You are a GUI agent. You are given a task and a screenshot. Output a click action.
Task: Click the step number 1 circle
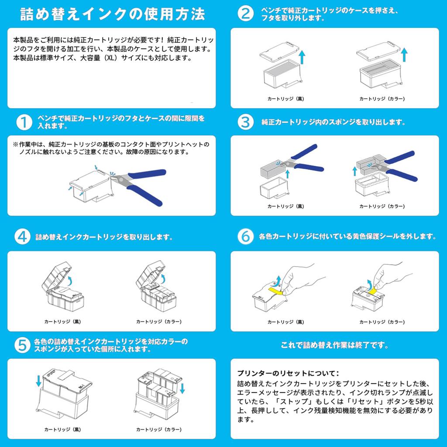coord(24,122)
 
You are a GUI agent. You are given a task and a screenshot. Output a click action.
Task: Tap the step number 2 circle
coord(245,14)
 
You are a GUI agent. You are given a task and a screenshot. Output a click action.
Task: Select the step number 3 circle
coord(245,122)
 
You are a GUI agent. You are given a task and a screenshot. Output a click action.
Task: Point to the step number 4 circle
coord(22,237)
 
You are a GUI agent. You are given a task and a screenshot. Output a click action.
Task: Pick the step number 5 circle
coord(22,345)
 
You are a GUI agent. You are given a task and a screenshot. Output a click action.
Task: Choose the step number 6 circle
coord(245,237)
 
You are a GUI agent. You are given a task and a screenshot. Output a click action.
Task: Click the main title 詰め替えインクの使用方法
coord(113,14)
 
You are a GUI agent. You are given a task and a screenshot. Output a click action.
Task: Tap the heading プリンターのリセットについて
coord(288,373)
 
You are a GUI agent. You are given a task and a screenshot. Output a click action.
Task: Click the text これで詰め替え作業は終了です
coord(334,345)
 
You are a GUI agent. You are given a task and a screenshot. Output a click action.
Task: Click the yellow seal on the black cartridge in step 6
coord(276,291)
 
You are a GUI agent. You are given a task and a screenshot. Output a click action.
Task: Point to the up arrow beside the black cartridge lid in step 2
coord(302,57)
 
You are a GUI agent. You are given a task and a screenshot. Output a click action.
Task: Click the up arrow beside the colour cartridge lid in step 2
coord(404,55)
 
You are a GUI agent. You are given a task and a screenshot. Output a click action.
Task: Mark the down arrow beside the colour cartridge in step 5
coord(182,388)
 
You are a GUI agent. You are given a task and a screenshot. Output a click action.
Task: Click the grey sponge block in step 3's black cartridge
coord(273,169)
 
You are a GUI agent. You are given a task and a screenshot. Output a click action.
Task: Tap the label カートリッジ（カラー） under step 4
coord(159,322)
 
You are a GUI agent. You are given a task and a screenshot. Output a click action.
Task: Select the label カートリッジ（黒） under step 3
coord(285,206)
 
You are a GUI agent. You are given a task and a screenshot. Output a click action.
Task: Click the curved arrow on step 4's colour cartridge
coord(163,278)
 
